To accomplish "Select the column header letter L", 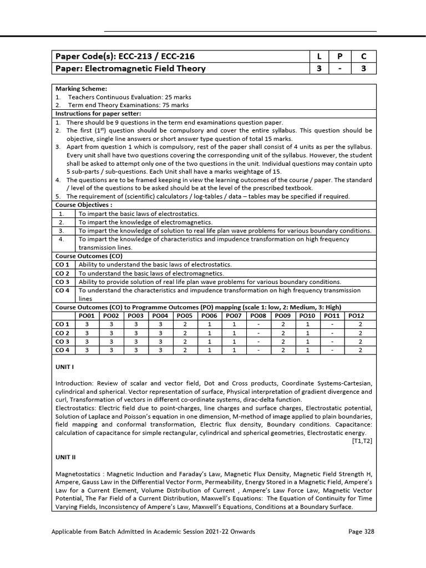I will click(319, 56).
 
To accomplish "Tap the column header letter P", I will click(340, 56).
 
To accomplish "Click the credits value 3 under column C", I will click(363, 69).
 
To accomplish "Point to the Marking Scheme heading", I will click(81, 88).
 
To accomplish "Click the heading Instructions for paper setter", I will click(98, 113).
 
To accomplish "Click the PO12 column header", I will click(361, 316).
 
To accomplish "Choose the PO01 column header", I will click(87, 316).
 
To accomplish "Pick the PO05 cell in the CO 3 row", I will click(185, 341).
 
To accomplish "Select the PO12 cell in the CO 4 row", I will click(361, 350).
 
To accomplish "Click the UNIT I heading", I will click(65, 368).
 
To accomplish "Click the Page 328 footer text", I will click(361, 531).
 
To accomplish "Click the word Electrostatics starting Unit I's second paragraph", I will click(75, 408).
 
